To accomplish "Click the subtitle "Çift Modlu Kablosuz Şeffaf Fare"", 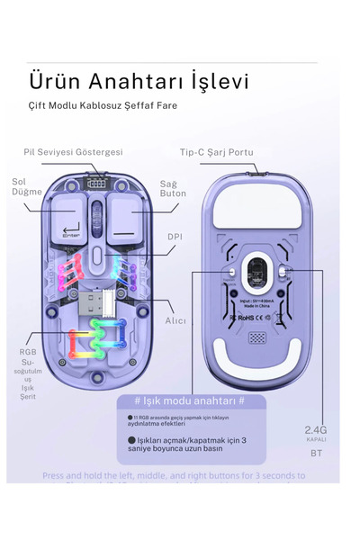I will pos(102,105).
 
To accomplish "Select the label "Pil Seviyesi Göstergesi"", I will pos(73,152).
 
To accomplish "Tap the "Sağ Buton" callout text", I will pos(173,188).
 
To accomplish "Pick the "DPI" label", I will pos(175,237).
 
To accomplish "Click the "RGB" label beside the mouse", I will pos(28,352).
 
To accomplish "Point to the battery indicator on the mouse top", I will pos(95,181).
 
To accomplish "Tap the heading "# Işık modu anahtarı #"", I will pos(189,400).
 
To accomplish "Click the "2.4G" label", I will pos(316,429).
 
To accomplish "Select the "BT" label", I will pos(316,454).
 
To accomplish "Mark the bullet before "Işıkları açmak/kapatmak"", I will pos(131,440).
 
